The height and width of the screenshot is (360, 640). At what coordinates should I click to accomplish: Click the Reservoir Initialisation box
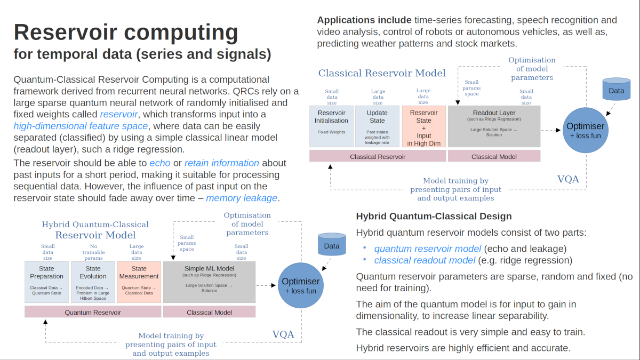(x=331, y=126)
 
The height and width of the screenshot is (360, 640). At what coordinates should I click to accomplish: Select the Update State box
(x=377, y=126)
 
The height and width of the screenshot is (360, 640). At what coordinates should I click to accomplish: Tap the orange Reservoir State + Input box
(x=423, y=126)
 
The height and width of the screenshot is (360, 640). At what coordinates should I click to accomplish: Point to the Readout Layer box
(x=494, y=126)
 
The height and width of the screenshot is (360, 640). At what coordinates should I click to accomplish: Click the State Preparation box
(x=47, y=282)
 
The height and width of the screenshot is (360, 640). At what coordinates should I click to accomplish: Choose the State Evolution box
(x=93, y=282)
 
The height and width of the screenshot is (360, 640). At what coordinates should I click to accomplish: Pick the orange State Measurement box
(x=139, y=282)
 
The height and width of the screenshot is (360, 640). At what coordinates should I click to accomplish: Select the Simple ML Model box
(x=209, y=282)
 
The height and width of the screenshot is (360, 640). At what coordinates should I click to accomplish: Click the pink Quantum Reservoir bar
(x=93, y=312)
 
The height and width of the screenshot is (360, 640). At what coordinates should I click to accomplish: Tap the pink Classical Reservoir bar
(x=377, y=157)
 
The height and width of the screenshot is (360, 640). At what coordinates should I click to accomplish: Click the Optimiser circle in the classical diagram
(x=585, y=130)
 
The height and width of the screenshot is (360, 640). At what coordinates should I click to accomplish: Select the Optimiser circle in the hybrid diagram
(x=300, y=285)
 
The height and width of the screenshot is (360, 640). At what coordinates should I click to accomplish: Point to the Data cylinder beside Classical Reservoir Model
(x=616, y=90)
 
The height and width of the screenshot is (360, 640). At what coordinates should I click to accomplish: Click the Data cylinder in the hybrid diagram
(x=331, y=245)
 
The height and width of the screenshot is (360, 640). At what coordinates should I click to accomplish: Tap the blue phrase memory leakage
(x=242, y=198)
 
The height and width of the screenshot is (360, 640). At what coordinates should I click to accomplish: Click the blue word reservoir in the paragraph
(x=119, y=115)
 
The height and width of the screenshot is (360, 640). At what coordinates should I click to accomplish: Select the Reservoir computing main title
(x=126, y=33)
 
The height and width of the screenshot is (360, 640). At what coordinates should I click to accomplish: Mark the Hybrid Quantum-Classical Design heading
(x=434, y=216)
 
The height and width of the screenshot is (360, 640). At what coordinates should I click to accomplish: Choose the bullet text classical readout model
(x=425, y=260)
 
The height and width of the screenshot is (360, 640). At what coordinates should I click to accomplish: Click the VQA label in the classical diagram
(x=568, y=179)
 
